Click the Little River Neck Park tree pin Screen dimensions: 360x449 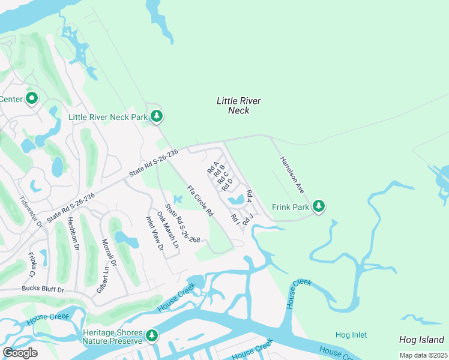157,116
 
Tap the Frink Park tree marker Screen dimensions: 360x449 319,206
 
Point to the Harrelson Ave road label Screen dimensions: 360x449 292,174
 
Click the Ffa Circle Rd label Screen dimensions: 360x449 200,201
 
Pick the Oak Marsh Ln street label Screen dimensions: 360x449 167,230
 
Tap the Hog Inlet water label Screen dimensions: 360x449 351,335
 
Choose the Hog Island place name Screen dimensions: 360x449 421,340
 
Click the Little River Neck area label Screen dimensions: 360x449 239,106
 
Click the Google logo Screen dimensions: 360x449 20,353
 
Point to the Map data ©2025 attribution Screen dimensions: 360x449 423,355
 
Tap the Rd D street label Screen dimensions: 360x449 226,184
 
